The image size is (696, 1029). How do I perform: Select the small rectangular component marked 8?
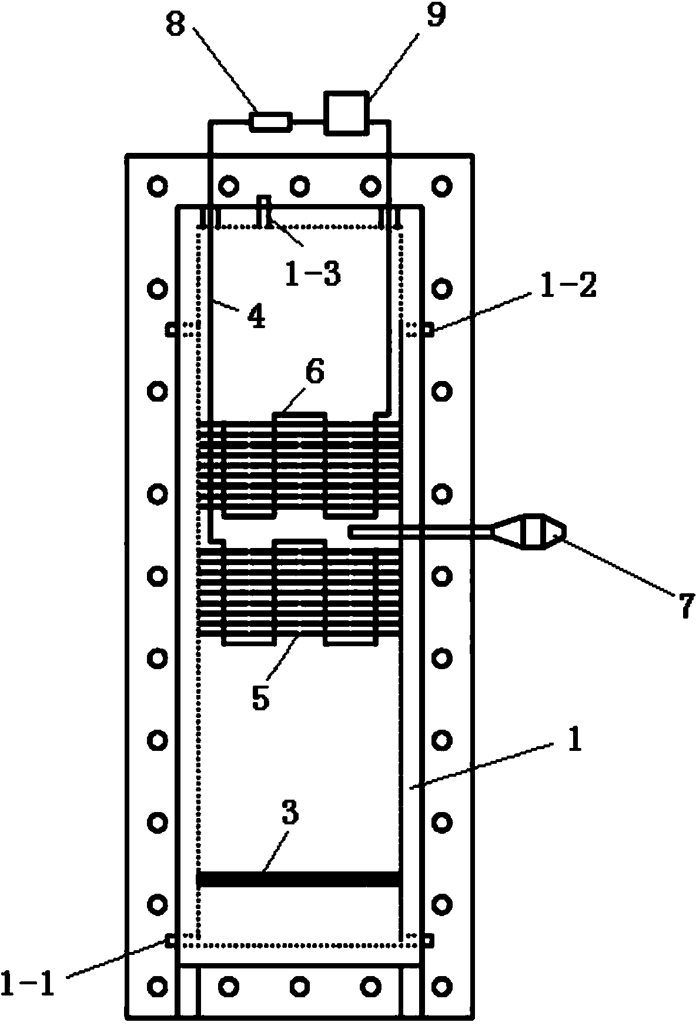pos(270,122)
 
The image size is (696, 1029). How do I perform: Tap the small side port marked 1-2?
pos(429,330)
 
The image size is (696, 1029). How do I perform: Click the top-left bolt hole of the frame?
pos(158,186)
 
